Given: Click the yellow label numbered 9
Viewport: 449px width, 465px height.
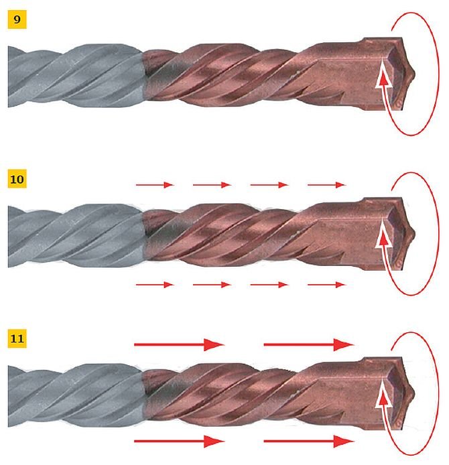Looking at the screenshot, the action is click(x=17, y=19).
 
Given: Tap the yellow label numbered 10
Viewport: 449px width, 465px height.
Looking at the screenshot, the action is click(x=17, y=179).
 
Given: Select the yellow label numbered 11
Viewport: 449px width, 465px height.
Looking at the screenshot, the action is click(x=17, y=338).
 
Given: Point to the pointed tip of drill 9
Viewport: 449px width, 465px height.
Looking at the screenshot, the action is click(x=414, y=74).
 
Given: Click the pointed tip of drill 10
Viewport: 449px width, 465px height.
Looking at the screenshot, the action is click(x=414, y=234).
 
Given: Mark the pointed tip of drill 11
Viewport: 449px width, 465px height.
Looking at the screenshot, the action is click(x=413, y=393).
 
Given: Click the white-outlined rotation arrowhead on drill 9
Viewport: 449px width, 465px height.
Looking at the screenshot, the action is click(x=384, y=80).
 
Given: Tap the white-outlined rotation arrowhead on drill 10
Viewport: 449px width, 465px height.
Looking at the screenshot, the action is click(x=384, y=240).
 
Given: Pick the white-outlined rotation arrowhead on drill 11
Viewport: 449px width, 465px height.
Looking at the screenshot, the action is click(x=384, y=399).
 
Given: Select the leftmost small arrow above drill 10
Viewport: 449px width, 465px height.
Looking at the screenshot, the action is click(x=155, y=185).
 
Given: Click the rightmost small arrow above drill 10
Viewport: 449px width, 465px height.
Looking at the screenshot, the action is click(x=326, y=185).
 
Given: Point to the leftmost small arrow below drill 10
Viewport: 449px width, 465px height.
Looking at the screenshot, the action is click(x=155, y=285).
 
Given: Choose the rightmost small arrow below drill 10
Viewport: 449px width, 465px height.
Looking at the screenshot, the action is click(x=326, y=285).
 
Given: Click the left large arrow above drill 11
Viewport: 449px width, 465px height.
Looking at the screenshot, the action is click(x=180, y=344).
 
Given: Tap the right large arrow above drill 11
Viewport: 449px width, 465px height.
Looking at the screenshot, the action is click(x=309, y=344).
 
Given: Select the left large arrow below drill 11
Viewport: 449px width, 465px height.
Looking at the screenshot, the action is click(x=180, y=442).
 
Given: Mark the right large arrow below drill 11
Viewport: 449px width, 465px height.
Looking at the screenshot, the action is click(x=309, y=442).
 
